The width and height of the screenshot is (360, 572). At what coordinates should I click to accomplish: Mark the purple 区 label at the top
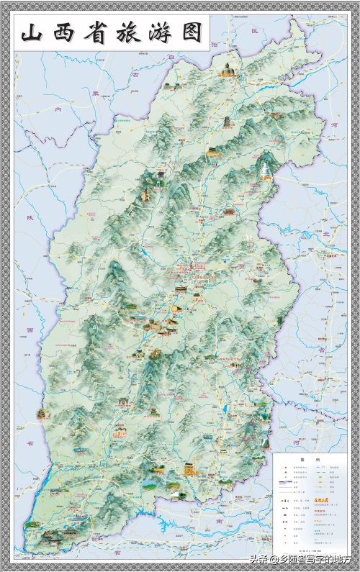pyautogui.click(x=253, y=32)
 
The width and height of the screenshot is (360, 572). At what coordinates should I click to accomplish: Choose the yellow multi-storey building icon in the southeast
pyautogui.click(x=189, y=468)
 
